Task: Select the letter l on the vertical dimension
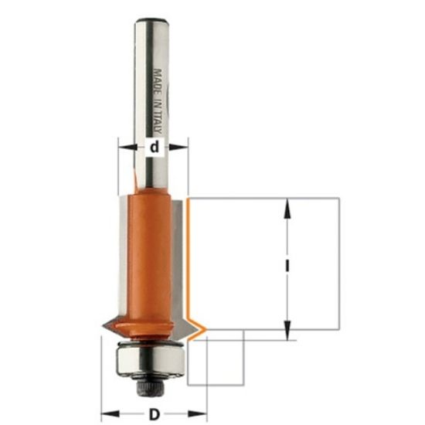point(287,265)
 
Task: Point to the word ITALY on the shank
point(158,126)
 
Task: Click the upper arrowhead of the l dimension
point(287,203)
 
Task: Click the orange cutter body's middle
point(148,255)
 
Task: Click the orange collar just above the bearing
point(148,335)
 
